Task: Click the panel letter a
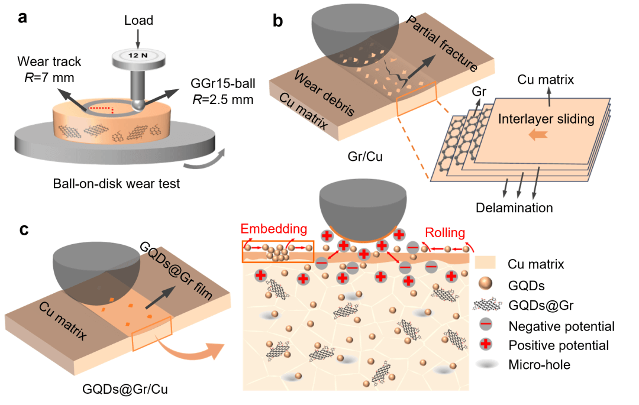point(22,17)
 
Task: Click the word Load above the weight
point(138,21)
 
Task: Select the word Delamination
point(514,208)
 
